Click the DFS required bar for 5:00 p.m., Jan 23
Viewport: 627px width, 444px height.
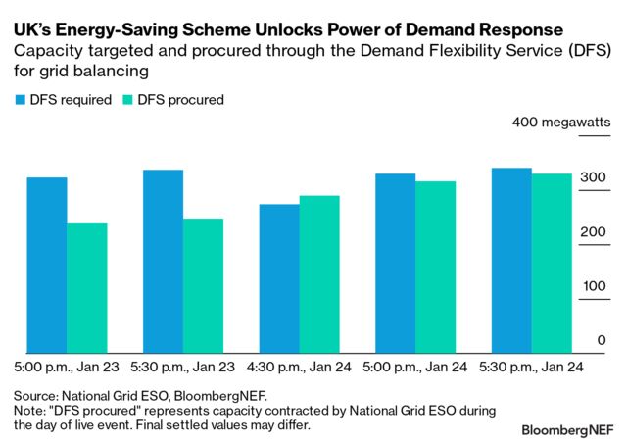(47, 265)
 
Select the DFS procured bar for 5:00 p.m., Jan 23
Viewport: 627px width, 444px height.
(87, 288)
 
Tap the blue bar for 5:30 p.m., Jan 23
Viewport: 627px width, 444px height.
(163, 261)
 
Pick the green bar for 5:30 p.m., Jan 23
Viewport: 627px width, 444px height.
(203, 285)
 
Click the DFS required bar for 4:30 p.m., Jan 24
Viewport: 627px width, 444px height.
(279, 278)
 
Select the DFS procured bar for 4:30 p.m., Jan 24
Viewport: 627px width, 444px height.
(319, 273)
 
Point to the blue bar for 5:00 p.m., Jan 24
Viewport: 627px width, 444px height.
(396, 263)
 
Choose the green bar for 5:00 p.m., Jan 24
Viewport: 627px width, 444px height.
(436, 267)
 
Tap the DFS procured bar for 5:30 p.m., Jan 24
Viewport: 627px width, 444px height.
(552, 263)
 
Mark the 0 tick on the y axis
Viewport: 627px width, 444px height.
(602, 340)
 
